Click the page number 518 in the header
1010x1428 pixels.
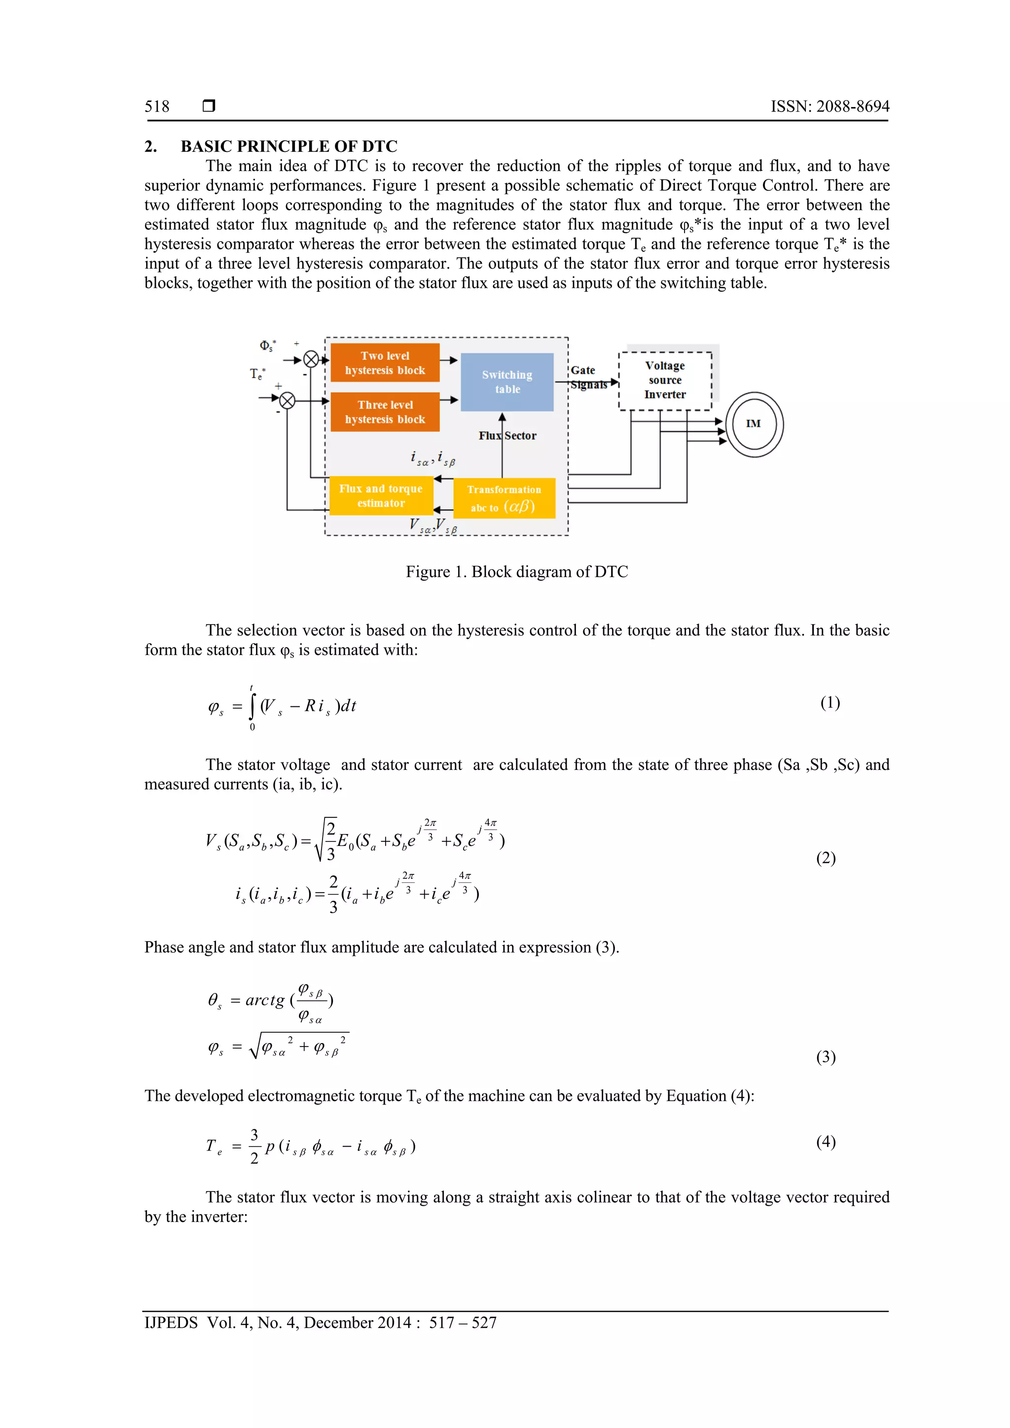coord(157,106)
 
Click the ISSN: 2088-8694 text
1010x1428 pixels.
coord(830,106)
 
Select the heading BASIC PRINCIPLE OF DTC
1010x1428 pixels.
coord(289,146)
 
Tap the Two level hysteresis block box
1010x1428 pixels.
coord(385,363)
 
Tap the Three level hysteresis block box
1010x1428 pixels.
coord(385,412)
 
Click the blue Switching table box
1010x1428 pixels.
coord(507,382)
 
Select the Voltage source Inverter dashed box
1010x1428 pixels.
coord(665,380)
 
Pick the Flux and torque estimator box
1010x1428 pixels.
coord(381,496)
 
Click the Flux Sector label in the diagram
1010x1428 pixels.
coord(507,436)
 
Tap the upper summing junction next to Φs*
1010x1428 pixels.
coord(311,359)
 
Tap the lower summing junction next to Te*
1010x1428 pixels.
coord(287,401)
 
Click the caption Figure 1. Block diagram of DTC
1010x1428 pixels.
coord(516,572)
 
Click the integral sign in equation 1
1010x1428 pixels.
coord(252,706)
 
